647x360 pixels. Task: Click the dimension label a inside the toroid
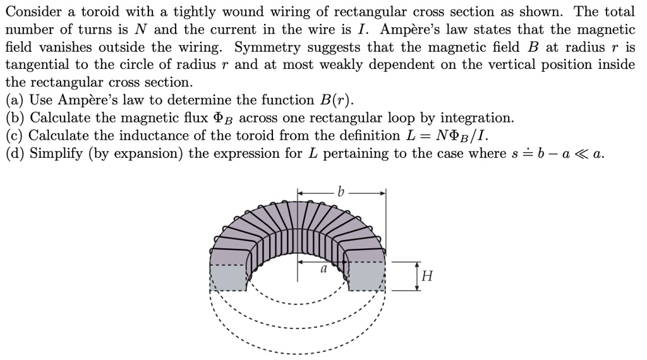click(322, 268)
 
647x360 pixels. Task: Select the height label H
click(428, 276)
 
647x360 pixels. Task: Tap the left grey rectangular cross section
click(227, 277)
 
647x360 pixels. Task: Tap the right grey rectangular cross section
click(366, 277)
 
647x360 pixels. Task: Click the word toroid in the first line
click(100, 13)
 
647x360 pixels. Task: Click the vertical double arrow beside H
click(416, 276)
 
